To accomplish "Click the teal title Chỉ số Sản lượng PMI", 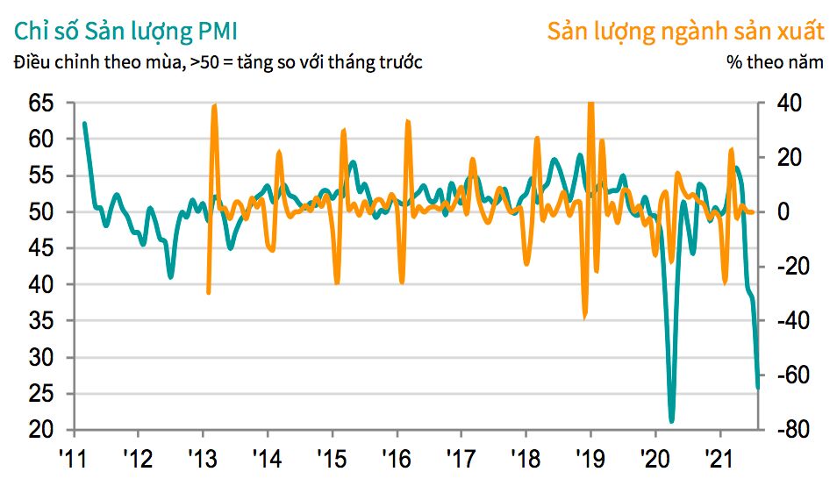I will [x=123, y=32].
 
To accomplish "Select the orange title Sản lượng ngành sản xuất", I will [x=685, y=32].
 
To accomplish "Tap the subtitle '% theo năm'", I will [x=776, y=63].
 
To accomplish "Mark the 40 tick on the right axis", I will [x=793, y=104].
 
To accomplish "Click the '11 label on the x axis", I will [x=74, y=457].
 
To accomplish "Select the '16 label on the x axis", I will [x=397, y=457].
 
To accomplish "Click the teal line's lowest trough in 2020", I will [x=671, y=422].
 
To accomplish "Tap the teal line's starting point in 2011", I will [x=84, y=123].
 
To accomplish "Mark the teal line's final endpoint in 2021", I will [x=758, y=387].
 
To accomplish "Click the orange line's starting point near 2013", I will [x=209, y=293].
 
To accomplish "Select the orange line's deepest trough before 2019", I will [x=585, y=318].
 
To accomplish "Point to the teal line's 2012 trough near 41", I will [x=171, y=277].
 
